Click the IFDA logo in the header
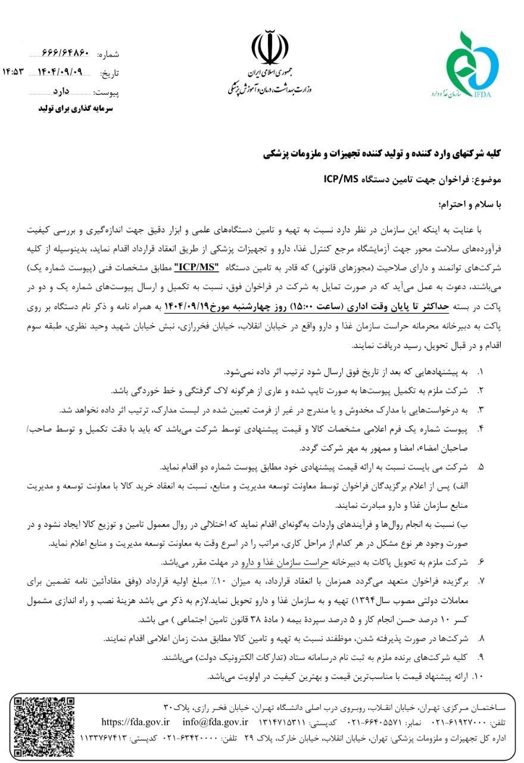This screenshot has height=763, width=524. tap(474, 66)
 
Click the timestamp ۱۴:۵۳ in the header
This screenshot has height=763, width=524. tap(15, 73)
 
